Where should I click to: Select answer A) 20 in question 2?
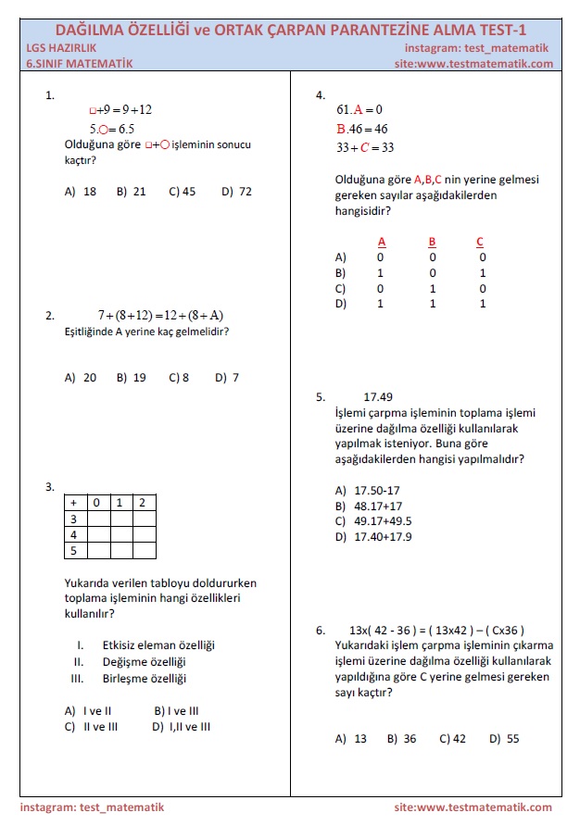[81, 377]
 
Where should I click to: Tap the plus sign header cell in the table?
[74, 502]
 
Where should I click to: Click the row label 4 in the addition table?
[74, 534]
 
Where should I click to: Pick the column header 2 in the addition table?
[142, 502]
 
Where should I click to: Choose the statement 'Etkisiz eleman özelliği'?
[158, 644]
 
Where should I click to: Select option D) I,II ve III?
[182, 727]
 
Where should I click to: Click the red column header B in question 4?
[432, 243]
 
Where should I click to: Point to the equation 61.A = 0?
[353, 109]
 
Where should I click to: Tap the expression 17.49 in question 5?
[378, 397]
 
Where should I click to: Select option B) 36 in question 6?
[401, 739]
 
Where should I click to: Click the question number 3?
[49, 487]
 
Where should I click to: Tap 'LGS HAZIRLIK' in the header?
[62, 48]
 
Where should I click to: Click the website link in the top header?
[473, 64]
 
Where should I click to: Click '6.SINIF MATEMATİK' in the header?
[81, 64]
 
